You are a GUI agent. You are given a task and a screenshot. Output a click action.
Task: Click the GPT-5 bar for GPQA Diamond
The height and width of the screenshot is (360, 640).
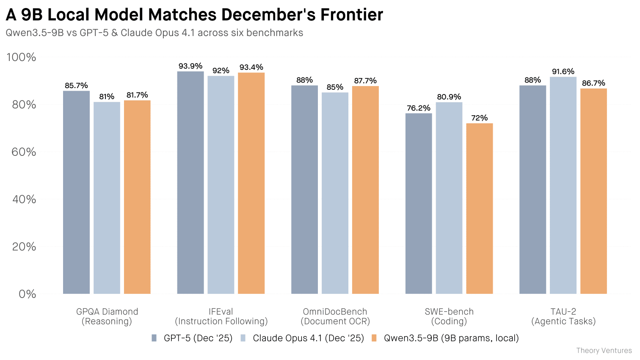tap(76, 192)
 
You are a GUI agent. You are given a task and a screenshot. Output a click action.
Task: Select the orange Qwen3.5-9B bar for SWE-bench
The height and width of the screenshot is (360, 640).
tap(479, 208)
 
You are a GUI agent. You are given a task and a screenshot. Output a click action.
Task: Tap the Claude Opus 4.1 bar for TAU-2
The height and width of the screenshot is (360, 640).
tap(563, 185)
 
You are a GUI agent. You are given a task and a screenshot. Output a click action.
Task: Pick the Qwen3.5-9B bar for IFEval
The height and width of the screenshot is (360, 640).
tap(251, 183)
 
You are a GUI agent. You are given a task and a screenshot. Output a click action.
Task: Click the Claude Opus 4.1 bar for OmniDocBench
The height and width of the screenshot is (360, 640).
tap(335, 193)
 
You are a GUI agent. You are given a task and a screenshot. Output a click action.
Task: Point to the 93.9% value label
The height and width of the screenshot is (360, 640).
tap(190, 66)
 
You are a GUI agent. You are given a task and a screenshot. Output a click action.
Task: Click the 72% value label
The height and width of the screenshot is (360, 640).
tap(479, 118)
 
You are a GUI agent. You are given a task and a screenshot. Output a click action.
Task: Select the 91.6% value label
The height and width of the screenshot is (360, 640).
tap(563, 72)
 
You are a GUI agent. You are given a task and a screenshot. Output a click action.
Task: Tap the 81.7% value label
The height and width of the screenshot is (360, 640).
tap(137, 95)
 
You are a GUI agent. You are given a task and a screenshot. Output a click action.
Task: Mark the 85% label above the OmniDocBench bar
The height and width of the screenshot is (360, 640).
tap(335, 87)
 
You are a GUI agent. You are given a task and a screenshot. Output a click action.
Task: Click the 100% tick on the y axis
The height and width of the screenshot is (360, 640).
tap(21, 57)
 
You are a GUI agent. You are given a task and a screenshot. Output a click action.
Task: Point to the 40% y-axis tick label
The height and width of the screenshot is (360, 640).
tap(24, 199)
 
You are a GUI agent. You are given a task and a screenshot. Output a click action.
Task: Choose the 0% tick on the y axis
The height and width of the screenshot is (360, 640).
tap(27, 294)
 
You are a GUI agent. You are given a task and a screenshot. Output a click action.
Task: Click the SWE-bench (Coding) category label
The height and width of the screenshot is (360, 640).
tap(449, 316)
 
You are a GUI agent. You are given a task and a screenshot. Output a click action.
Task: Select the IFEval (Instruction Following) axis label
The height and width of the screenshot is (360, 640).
tap(221, 316)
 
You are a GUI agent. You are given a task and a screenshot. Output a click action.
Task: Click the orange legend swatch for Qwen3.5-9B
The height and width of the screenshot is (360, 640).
tap(374, 338)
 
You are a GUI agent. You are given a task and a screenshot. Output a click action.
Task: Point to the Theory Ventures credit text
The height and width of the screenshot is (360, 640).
tap(604, 351)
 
